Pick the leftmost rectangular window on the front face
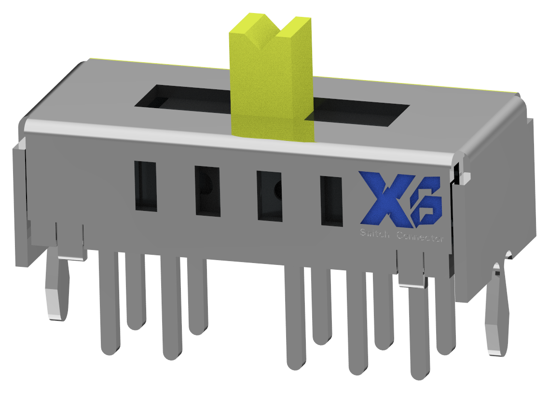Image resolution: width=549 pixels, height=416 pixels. point(146,186)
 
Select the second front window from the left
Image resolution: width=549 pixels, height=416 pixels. point(207,191)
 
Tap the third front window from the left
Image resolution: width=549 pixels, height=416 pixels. point(270,196)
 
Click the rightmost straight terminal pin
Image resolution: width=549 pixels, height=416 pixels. point(446,314)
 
